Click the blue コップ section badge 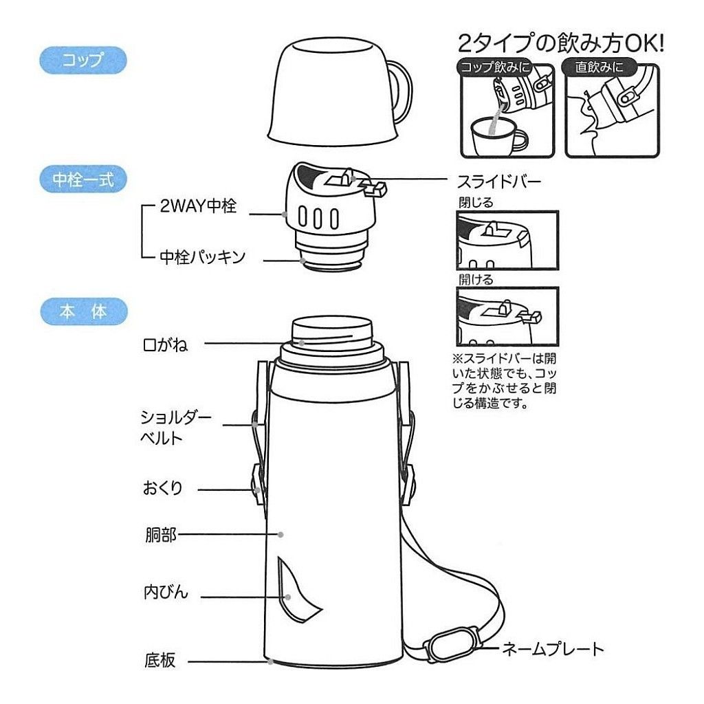tap(82, 60)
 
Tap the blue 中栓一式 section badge tap(83, 179)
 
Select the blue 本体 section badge tap(82, 311)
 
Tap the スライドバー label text tap(498, 182)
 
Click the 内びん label tap(165, 592)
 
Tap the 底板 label tap(160, 661)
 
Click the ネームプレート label tap(553, 648)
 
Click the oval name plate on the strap tap(450, 645)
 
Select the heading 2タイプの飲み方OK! tap(561, 45)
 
